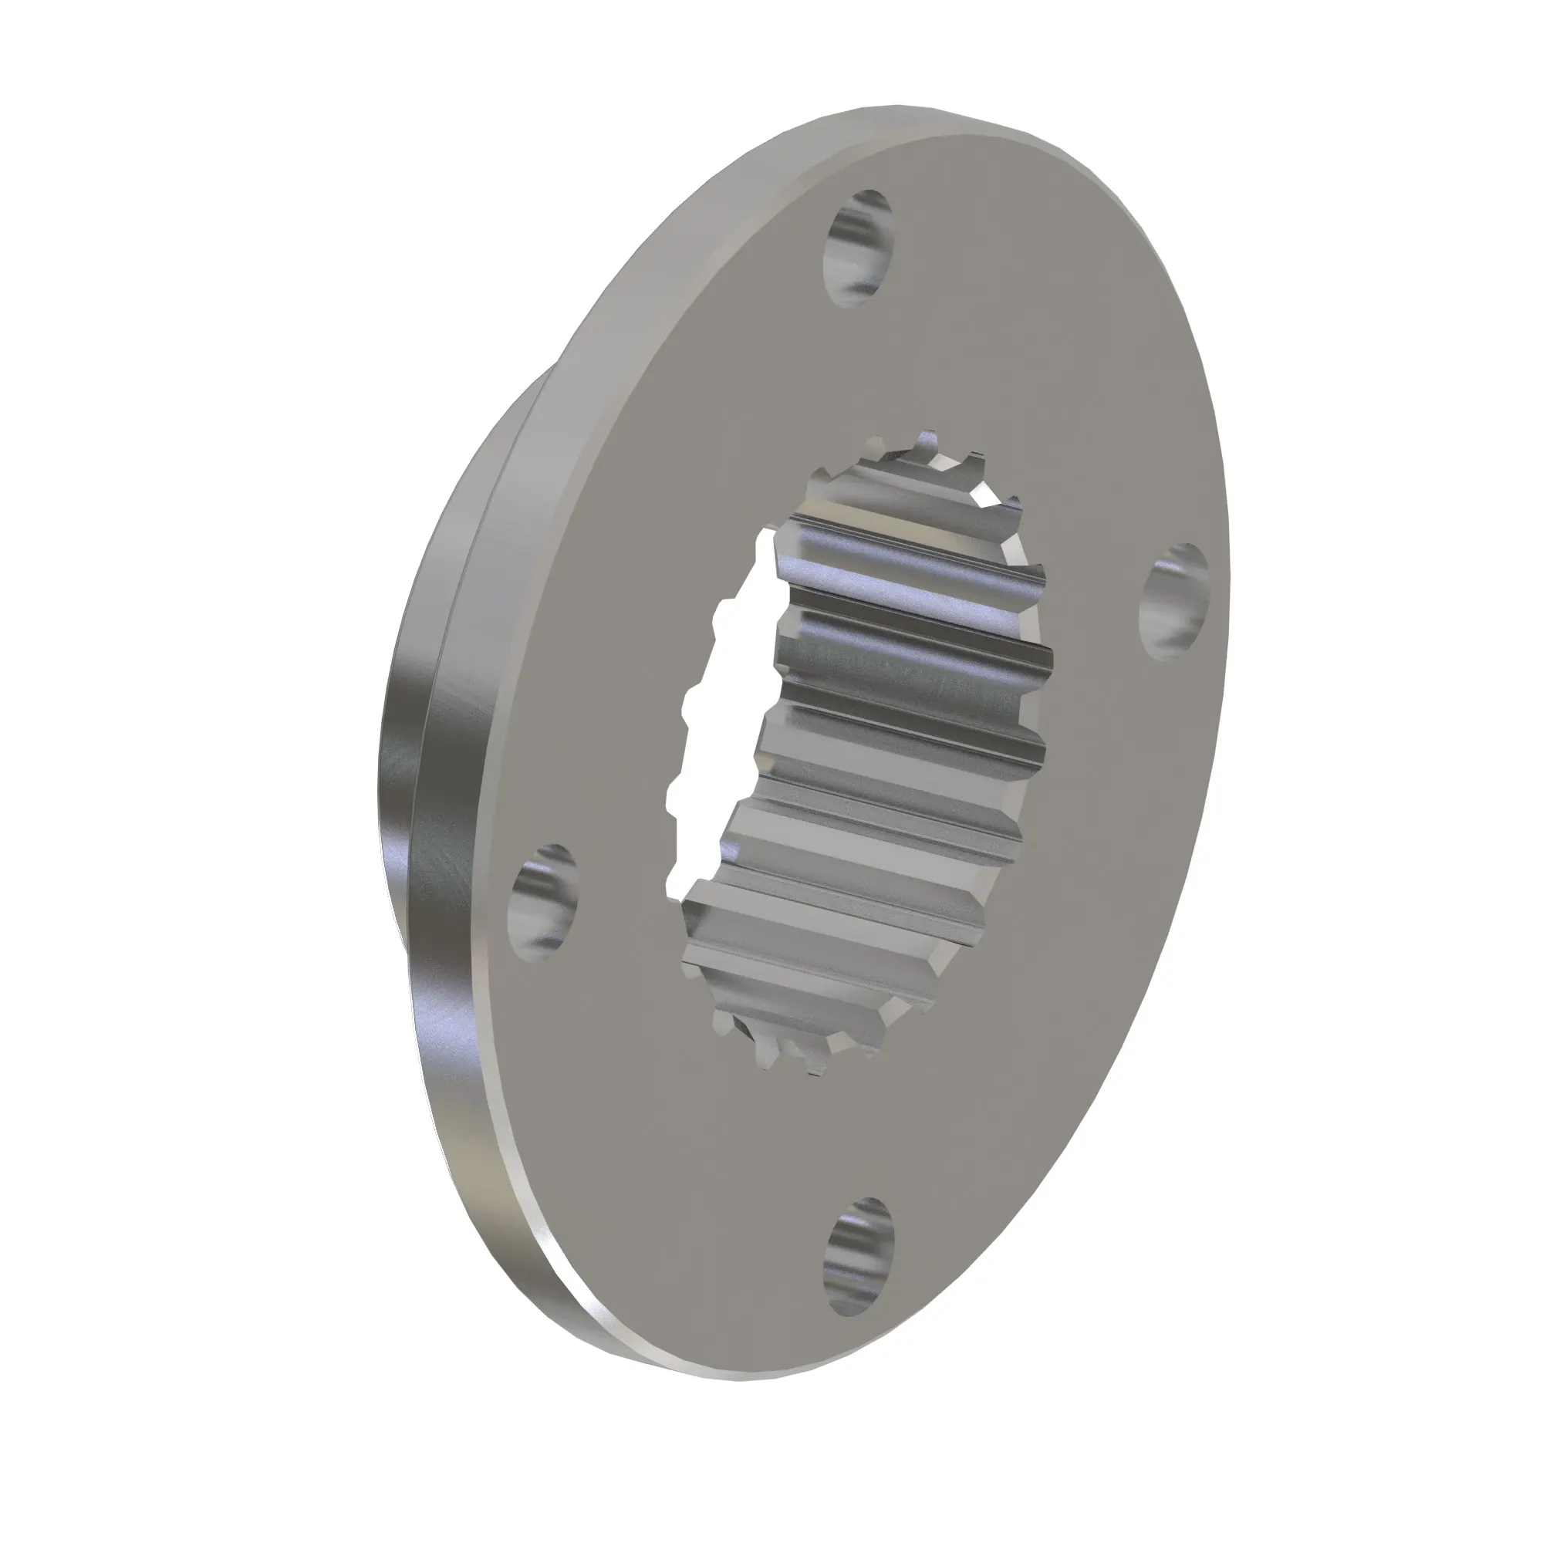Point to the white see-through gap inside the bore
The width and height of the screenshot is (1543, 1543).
(x=719, y=719)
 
